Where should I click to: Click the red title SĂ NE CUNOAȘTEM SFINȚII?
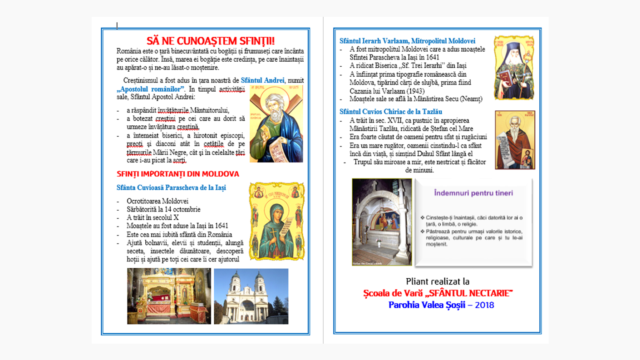(x=210, y=41)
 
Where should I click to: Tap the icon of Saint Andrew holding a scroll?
(x=276, y=123)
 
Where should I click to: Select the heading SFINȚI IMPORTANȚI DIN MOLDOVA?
(x=177, y=174)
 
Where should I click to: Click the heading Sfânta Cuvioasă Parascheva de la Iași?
(x=171, y=187)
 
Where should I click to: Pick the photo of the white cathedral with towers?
(x=251, y=296)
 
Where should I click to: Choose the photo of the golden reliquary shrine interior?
(x=169, y=296)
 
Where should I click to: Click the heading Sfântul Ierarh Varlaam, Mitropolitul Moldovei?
(x=407, y=41)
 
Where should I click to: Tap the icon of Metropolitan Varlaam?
(x=514, y=68)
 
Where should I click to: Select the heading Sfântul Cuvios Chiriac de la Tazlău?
(x=390, y=112)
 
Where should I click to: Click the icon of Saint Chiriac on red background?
(x=515, y=140)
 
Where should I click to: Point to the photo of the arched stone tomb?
(x=382, y=222)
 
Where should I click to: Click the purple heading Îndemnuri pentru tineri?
(x=473, y=193)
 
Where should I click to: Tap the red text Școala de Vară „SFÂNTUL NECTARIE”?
(x=438, y=293)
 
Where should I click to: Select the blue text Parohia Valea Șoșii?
(x=427, y=305)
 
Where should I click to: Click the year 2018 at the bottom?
(x=484, y=305)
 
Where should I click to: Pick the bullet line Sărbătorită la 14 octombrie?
(x=163, y=209)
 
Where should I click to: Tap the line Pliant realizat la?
(x=438, y=281)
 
